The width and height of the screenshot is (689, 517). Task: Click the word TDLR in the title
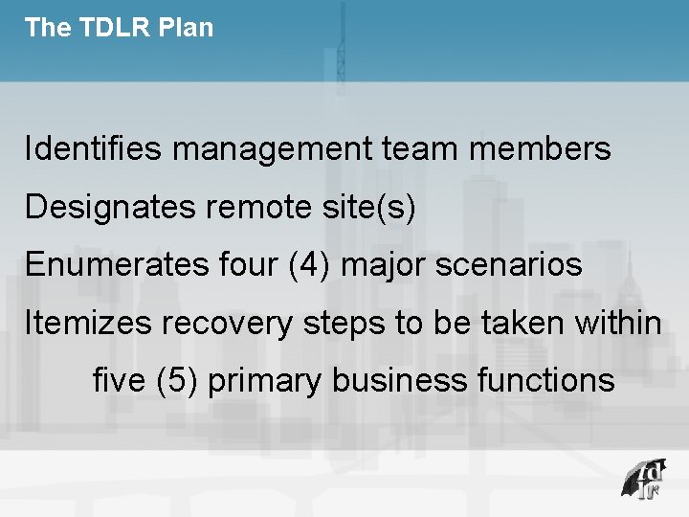pos(108,28)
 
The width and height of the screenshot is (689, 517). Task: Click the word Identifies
pos(95,149)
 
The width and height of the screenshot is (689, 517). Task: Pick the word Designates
pos(110,208)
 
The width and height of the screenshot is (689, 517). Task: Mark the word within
pos(618,324)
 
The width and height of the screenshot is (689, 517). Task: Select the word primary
pos(265,381)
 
